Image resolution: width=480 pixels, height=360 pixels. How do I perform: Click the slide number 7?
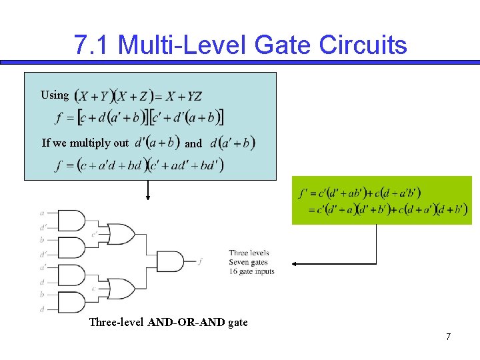click(x=449, y=337)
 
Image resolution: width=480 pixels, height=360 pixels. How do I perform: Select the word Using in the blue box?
click(x=55, y=95)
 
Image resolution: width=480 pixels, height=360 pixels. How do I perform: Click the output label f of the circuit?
click(x=200, y=262)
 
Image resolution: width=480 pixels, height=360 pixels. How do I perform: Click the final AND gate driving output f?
click(x=170, y=261)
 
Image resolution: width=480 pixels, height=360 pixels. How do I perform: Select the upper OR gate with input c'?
click(x=121, y=234)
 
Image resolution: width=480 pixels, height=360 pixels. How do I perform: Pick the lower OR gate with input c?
click(x=121, y=289)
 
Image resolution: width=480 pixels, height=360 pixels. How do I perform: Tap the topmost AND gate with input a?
click(x=71, y=220)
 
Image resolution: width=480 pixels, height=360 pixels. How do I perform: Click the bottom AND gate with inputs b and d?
click(x=71, y=302)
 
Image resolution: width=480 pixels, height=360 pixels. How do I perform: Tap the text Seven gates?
click(x=248, y=262)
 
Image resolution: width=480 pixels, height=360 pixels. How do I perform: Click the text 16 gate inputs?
click(x=251, y=271)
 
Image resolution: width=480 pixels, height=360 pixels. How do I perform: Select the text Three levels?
click(x=249, y=253)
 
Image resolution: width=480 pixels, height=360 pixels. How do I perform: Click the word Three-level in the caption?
click(x=117, y=323)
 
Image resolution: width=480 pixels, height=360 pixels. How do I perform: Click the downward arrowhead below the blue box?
click(x=148, y=197)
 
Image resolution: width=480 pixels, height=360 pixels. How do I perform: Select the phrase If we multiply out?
click(x=85, y=143)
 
